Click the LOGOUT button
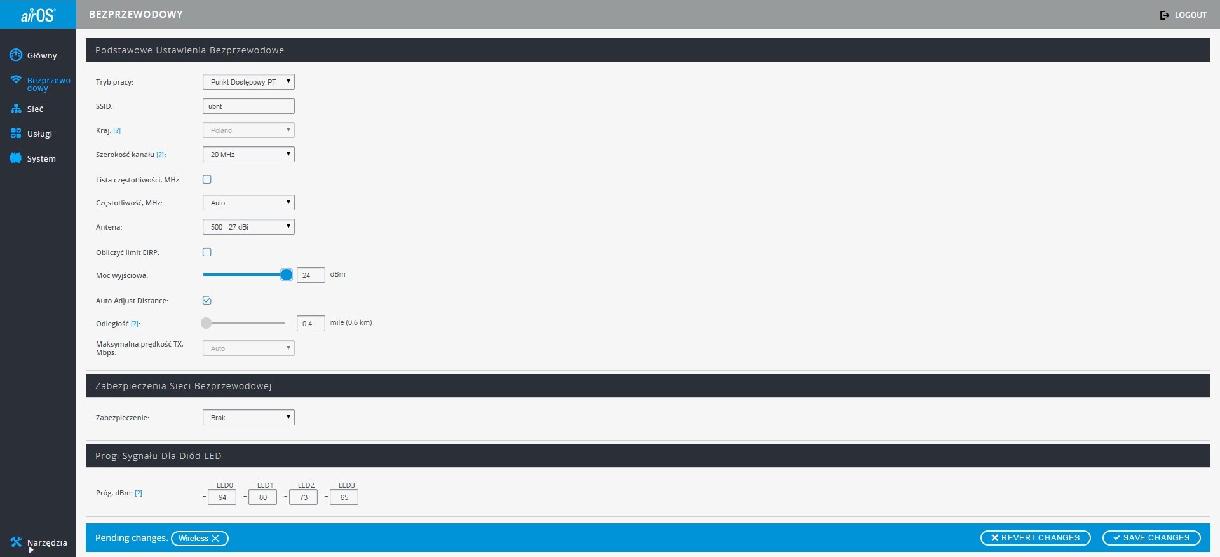(1183, 15)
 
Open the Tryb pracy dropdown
(248, 82)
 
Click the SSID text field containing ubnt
(248, 106)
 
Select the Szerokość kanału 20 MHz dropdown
(248, 155)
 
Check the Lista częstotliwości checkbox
(207, 180)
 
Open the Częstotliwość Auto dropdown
(248, 203)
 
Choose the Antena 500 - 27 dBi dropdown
(248, 227)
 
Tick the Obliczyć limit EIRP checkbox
(207, 252)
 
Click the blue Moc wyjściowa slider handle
(287, 275)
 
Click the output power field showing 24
(311, 275)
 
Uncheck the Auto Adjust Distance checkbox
(207, 301)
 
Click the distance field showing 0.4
(311, 324)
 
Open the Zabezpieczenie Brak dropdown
(248, 418)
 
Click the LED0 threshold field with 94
(222, 497)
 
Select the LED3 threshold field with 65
(344, 497)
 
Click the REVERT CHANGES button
(1036, 538)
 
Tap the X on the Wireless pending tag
(215, 539)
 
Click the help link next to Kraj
(117, 130)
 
